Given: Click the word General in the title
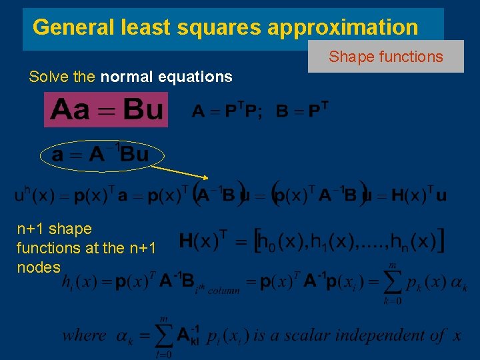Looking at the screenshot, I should coord(73,27).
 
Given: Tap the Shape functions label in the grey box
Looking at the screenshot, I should coord(385,57).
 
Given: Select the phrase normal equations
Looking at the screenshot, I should coord(166,77).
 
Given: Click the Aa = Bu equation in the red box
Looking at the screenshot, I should coord(106,109).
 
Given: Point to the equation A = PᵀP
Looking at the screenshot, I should coord(227,111).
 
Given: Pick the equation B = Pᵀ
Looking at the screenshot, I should coord(302,111).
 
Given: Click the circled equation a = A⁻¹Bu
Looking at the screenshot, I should coord(100,155).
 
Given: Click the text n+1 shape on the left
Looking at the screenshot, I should coord(54,229).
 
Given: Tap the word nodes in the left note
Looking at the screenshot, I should coord(38,267).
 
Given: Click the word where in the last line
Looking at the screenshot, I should coord(84,335).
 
